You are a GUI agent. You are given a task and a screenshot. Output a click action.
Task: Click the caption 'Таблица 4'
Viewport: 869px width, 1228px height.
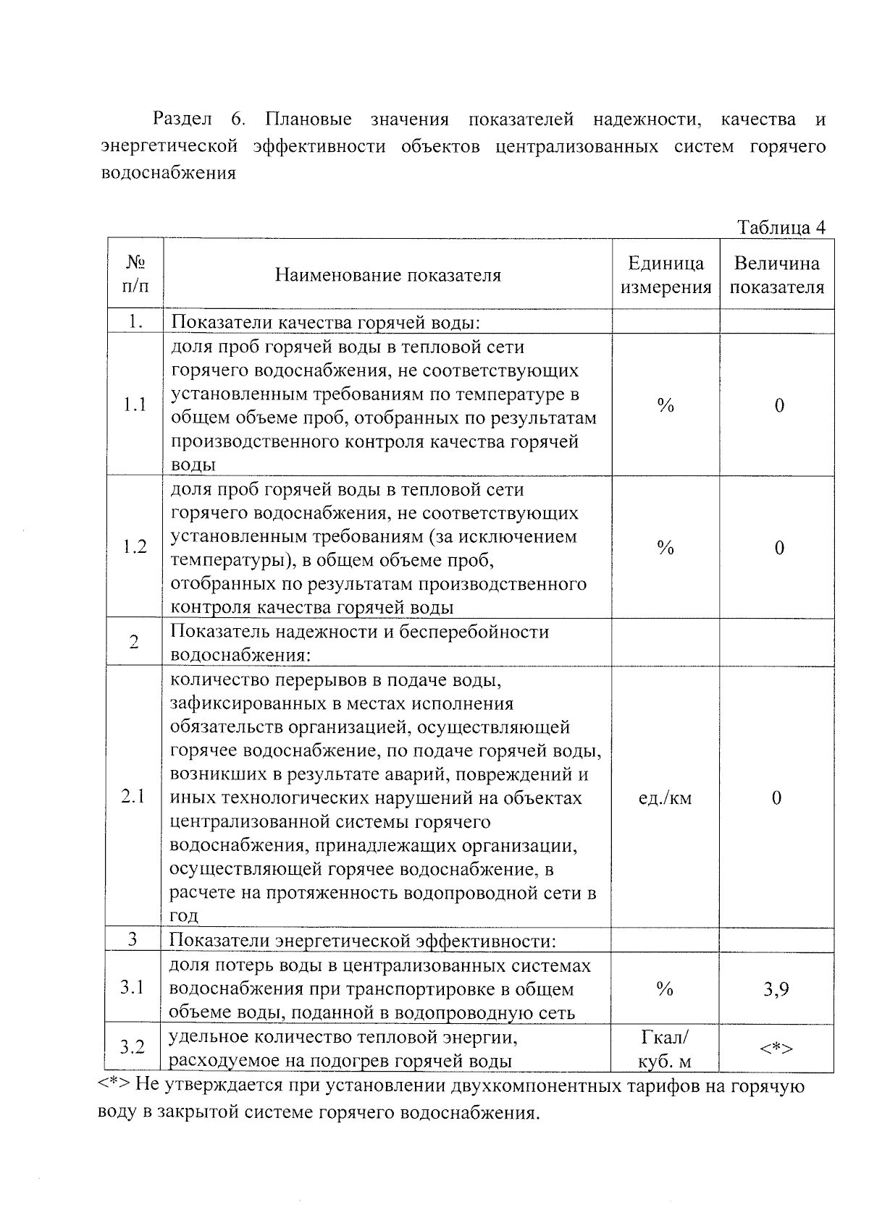tap(781, 227)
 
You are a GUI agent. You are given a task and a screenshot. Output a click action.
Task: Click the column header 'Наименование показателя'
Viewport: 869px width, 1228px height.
tap(387, 276)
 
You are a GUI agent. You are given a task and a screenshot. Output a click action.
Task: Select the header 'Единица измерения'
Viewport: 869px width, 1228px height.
tap(666, 276)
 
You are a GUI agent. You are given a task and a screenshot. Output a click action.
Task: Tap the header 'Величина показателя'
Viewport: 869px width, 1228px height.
tap(776, 276)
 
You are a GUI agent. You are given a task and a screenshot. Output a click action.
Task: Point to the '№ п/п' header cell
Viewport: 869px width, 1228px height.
tap(135, 274)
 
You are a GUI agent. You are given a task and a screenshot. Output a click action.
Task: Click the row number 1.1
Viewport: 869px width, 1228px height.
tap(135, 405)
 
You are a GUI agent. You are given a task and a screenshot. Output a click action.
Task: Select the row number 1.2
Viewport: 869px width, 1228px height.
tap(135, 547)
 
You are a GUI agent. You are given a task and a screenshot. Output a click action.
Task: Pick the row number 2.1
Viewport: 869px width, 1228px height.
tap(133, 797)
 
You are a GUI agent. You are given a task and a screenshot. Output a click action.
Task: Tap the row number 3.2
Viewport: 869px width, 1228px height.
tap(132, 1047)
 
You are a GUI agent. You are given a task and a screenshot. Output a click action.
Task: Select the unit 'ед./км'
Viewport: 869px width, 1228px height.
tap(665, 798)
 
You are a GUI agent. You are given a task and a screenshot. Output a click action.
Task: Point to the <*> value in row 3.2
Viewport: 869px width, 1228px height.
tap(776, 1048)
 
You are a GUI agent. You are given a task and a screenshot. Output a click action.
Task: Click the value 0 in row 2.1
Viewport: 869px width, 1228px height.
tap(776, 798)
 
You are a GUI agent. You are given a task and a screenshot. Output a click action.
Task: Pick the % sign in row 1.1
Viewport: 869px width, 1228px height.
tap(666, 406)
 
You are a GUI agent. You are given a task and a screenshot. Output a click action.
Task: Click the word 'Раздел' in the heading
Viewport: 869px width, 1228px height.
tap(182, 119)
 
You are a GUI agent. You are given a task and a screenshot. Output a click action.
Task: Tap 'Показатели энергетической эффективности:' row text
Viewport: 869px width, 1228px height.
tap(362, 941)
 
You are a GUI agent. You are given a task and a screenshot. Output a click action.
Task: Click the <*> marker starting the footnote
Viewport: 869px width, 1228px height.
tap(114, 1085)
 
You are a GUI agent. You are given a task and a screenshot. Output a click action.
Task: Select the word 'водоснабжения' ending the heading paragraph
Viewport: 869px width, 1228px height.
tap(168, 174)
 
